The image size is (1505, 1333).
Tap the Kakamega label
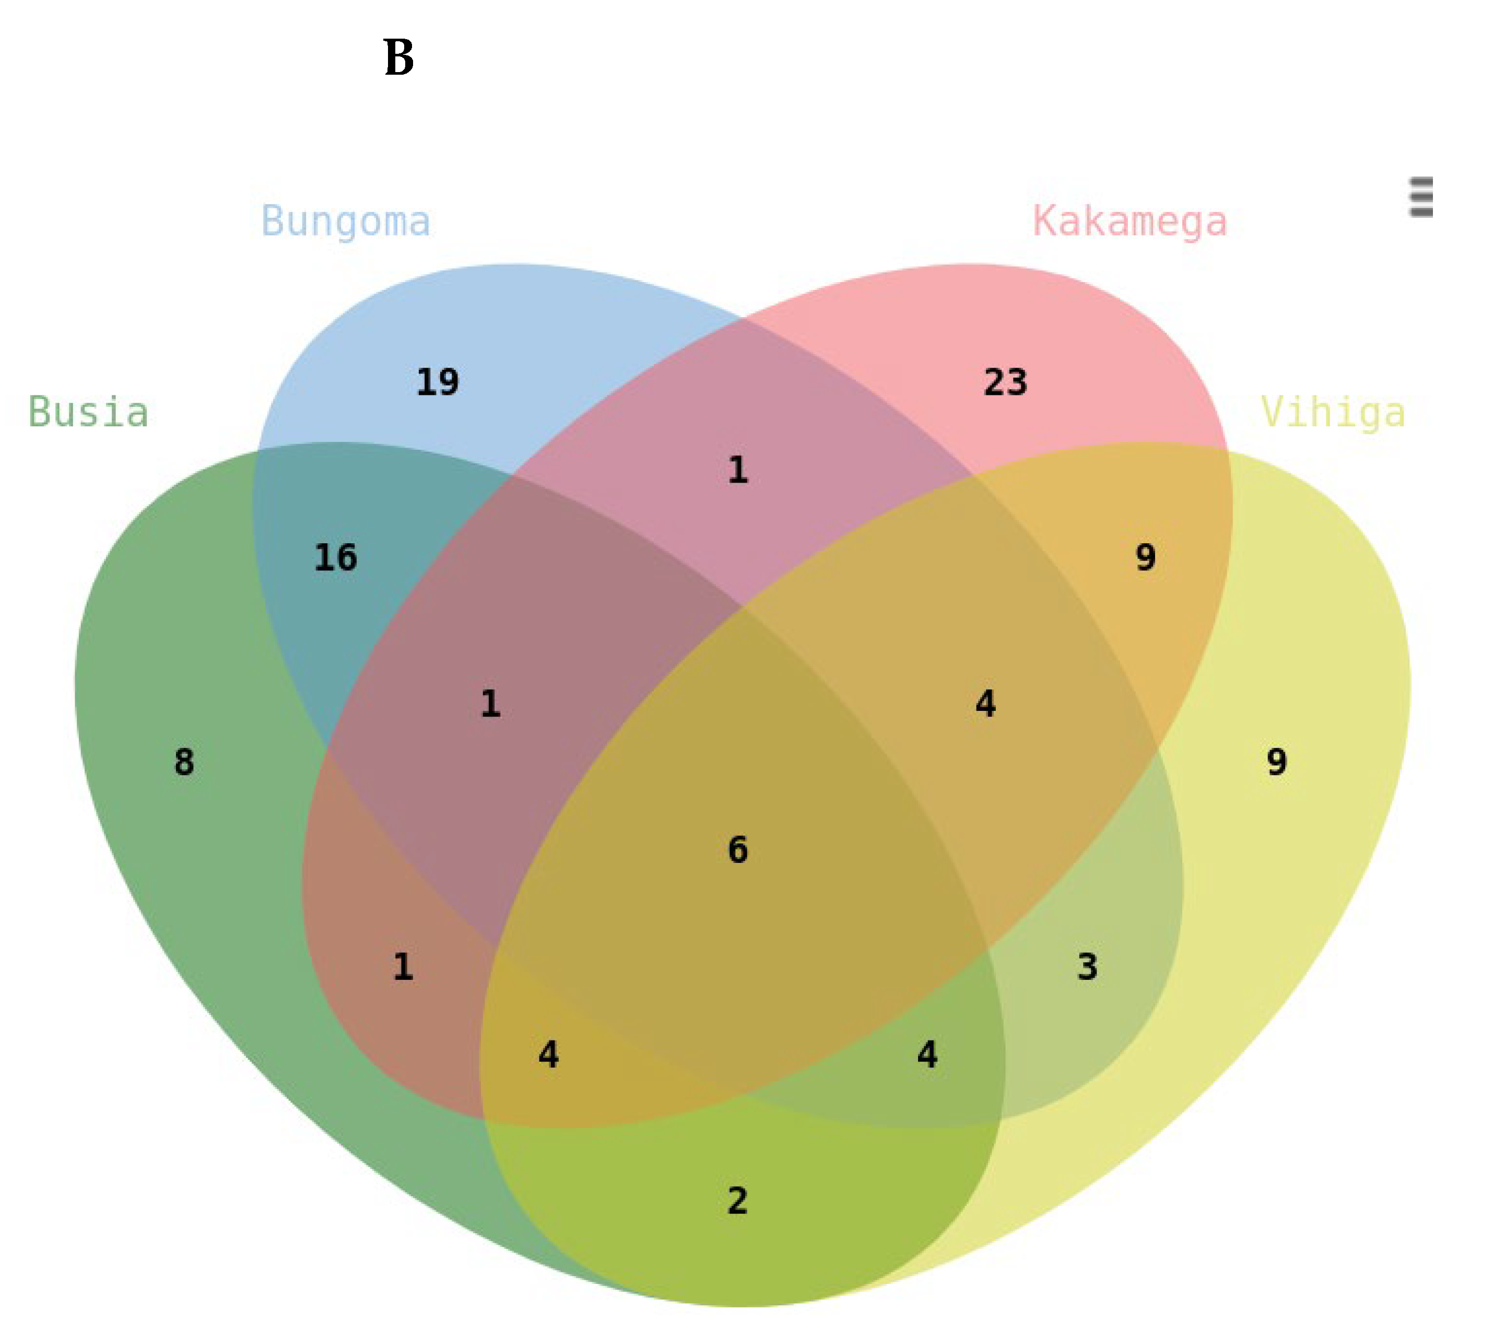tap(1130, 221)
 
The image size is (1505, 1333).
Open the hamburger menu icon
tap(1420, 197)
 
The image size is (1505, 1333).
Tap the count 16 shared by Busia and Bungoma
tap(336, 557)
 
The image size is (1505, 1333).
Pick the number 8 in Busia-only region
tap(184, 762)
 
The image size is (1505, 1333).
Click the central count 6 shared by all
tap(738, 850)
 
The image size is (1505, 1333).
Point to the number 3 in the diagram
tap(1088, 967)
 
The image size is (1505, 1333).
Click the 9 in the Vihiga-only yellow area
tap(1277, 762)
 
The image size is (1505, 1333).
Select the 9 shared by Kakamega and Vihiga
tap(1145, 557)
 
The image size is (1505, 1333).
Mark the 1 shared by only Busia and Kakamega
tap(403, 967)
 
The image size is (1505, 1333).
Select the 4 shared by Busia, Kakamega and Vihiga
tap(548, 1055)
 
